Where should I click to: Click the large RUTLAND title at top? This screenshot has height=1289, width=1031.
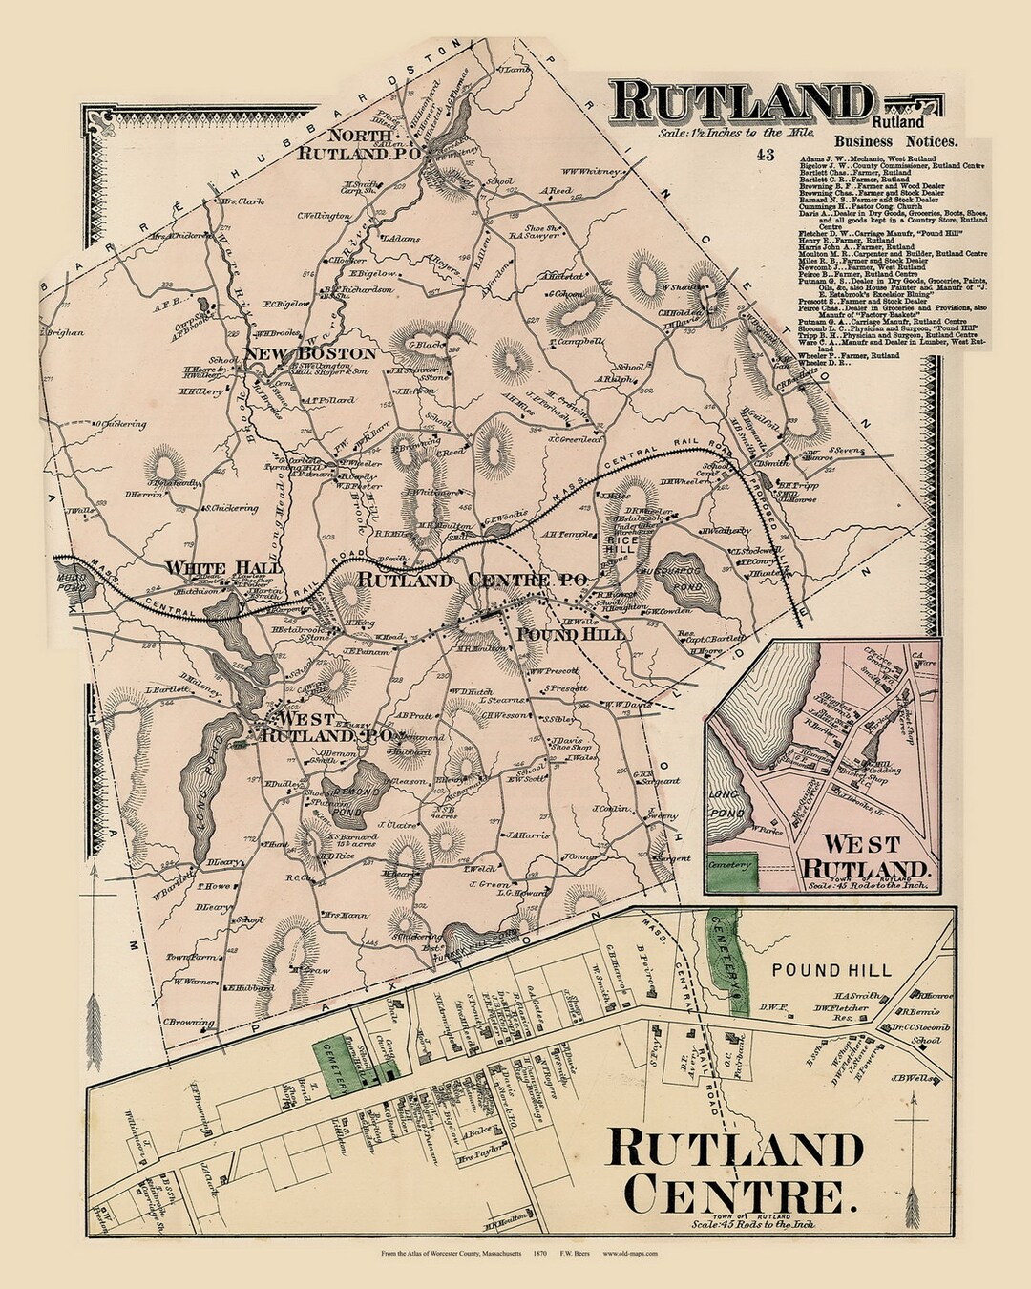click(x=741, y=100)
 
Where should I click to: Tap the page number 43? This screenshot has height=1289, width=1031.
click(x=765, y=155)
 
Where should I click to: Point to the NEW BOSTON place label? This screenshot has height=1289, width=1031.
click(x=310, y=353)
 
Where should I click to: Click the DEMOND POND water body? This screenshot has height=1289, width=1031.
click(x=352, y=792)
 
